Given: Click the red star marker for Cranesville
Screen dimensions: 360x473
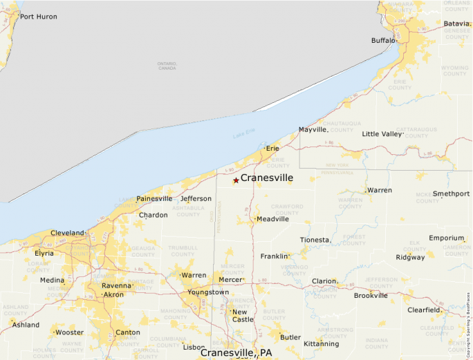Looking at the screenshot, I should pyautogui.click(x=236, y=180).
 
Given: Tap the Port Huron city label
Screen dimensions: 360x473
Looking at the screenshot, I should pyautogui.click(x=38, y=17).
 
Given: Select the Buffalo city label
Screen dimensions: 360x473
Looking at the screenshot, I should pyautogui.click(x=383, y=41).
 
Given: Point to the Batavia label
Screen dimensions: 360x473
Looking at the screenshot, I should pyautogui.click(x=457, y=23).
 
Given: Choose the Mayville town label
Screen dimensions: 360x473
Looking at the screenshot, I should pyautogui.click(x=313, y=130).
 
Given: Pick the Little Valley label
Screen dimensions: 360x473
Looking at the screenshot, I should pyautogui.click(x=382, y=134).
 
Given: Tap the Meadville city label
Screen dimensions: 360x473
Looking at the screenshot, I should pyautogui.click(x=272, y=219).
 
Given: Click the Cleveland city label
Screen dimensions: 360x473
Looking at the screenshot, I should pyautogui.click(x=67, y=233).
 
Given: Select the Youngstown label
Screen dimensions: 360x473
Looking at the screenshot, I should pyautogui.click(x=208, y=292).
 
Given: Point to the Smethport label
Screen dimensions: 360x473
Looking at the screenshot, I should pyautogui.click(x=451, y=194).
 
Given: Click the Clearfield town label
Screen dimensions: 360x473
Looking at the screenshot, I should pyautogui.click(x=424, y=310).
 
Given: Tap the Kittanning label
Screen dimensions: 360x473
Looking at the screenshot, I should pyautogui.click(x=322, y=343).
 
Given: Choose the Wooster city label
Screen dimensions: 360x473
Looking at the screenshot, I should pyautogui.click(x=69, y=332).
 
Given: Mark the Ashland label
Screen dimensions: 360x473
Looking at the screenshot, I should pyautogui.click(x=26, y=325).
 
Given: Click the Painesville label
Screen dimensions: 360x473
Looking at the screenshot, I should pyautogui.click(x=154, y=199).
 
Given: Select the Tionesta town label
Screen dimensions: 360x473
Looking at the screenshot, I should pyautogui.click(x=315, y=240).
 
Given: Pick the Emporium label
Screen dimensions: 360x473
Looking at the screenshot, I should pyautogui.click(x=446, y=238).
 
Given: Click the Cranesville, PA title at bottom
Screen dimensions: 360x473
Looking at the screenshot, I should pyautogui.click(x=236, y=352).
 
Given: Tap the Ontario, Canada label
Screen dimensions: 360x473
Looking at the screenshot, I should pyautogui.click(x=167, y=66).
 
